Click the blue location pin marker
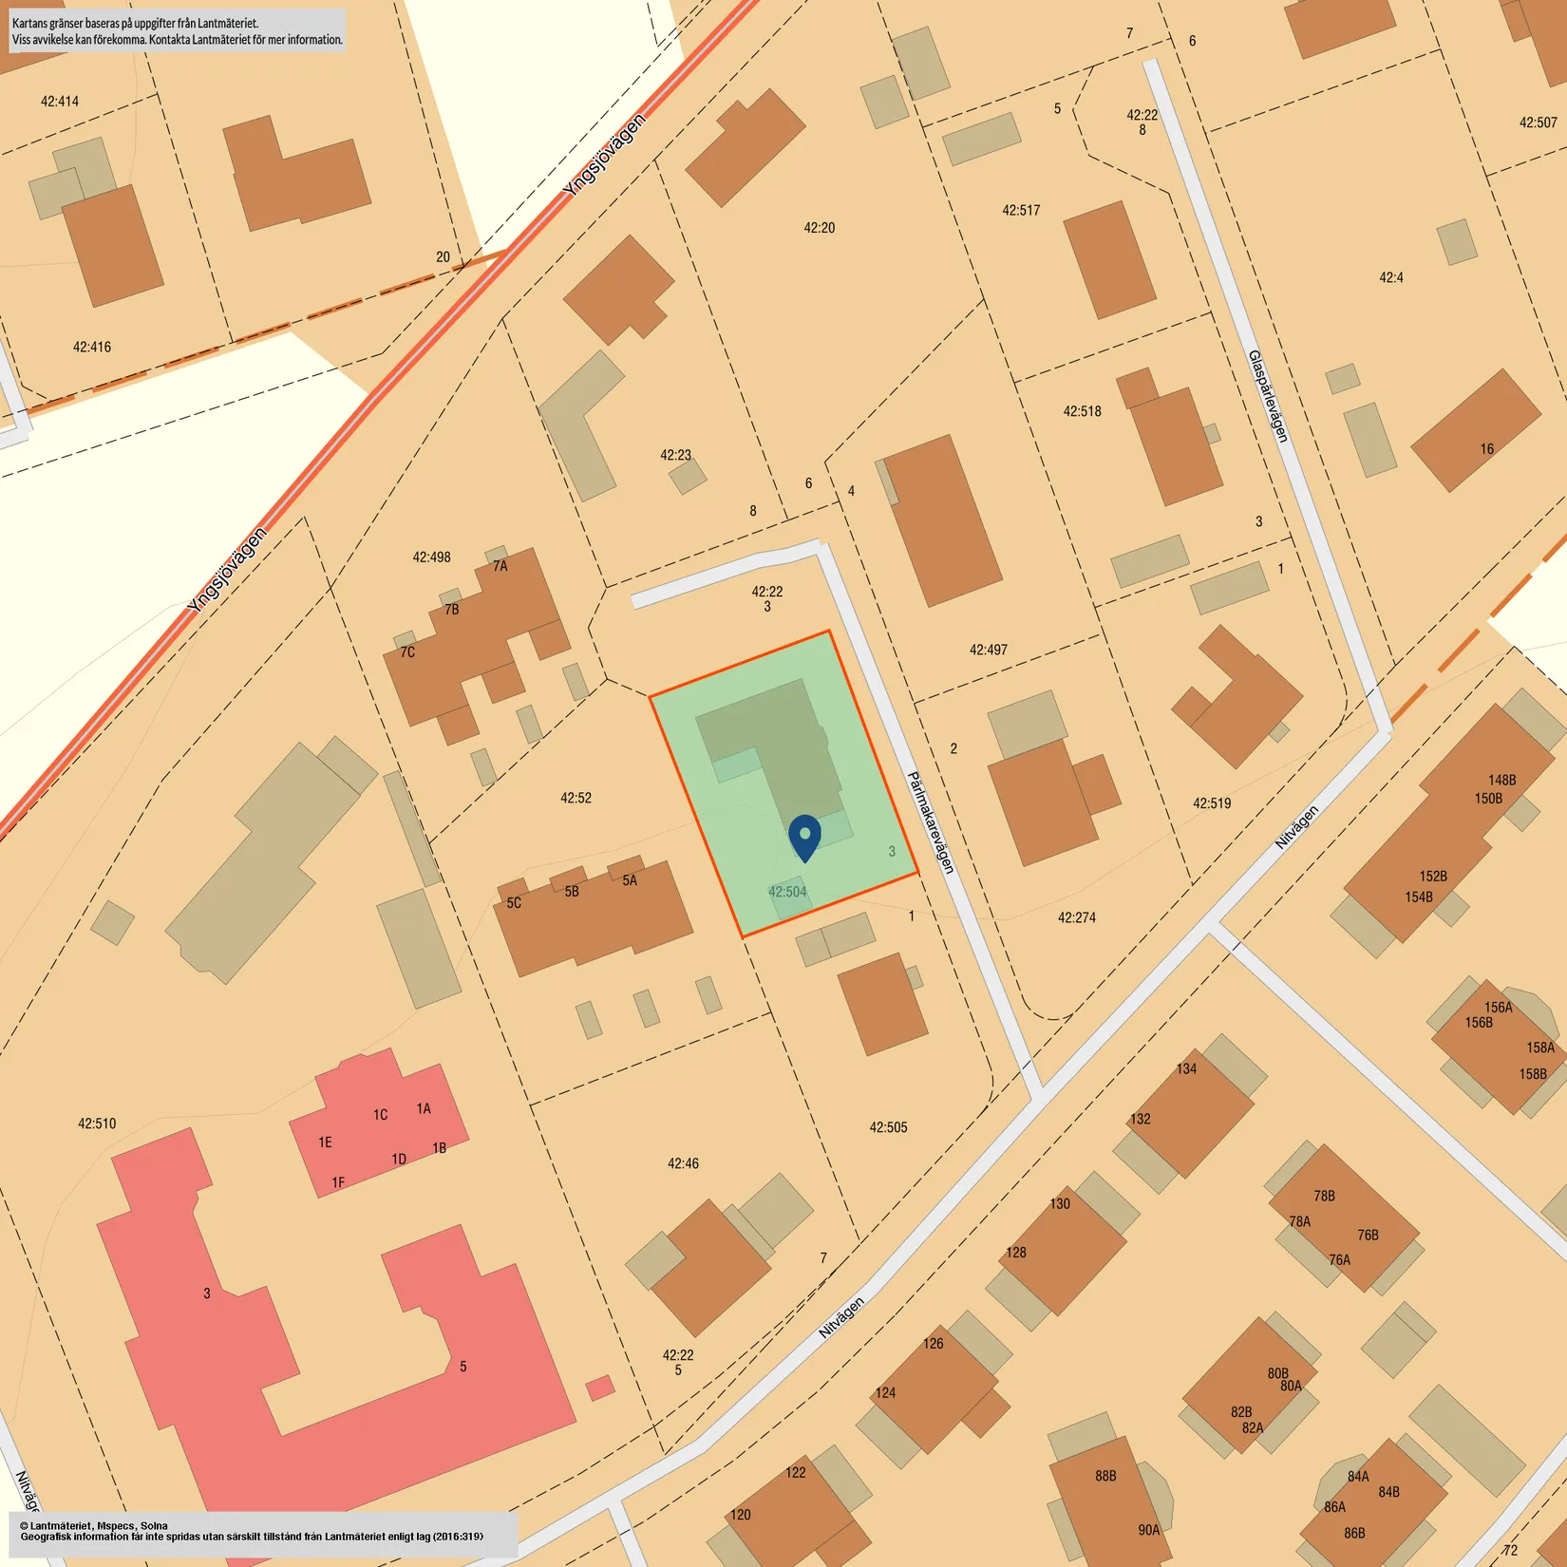click(804, 837)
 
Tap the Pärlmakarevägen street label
click(931, 822)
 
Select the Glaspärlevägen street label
click(1269, 396)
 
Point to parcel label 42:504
click(787, 892)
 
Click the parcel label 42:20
click(819, 228)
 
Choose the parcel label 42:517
click(1021, 210)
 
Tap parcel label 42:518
click(1082, 411)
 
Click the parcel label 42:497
click(988, 650)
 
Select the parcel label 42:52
click(576, 798)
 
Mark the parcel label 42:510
click(97, 1123)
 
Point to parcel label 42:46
click(683, 1163)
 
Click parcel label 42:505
click(888, 1127)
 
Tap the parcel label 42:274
click(1076, 917)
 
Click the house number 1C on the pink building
click(380, 1115)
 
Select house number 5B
click(572, 892)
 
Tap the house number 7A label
click(500, 566)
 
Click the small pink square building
click(600, 1388)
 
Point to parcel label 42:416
click(92, 347)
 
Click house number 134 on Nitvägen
click(1186, 1068)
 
